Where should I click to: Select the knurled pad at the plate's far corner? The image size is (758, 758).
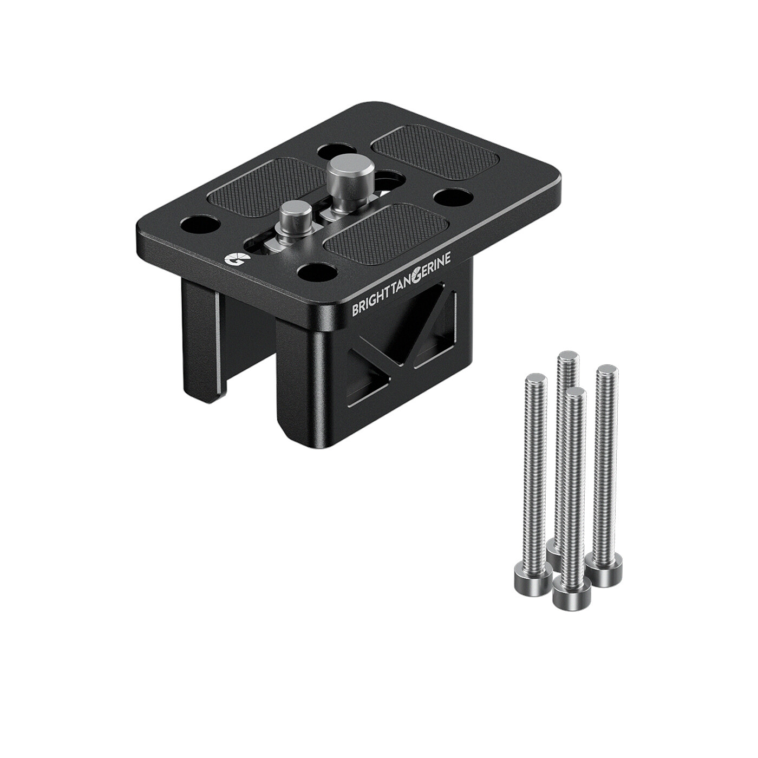click(x=436, y=153)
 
